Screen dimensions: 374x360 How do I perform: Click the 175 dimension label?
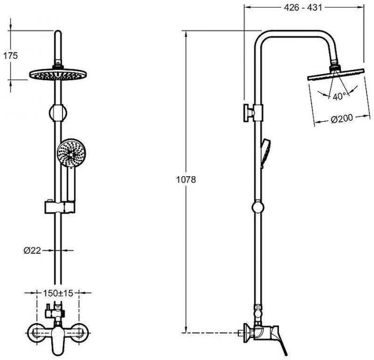click(11, 56)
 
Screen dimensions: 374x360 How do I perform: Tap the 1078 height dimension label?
click(186, 179)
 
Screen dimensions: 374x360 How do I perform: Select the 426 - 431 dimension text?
click(303, 7)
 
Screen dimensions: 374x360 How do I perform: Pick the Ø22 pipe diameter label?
click(32, 251)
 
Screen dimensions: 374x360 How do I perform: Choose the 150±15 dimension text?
click(58, 293)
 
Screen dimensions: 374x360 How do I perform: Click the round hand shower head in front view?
click(72, 153)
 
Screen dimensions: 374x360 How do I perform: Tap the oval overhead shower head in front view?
click(58, 74)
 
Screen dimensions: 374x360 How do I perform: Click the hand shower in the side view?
click(266, 153)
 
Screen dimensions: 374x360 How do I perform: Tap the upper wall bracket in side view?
click(253, 113)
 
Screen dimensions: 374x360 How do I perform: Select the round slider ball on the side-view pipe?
click(258, 207)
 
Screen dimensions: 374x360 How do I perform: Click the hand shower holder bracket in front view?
click(60, 207)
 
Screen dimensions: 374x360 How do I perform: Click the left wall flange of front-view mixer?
click(35, 333)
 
